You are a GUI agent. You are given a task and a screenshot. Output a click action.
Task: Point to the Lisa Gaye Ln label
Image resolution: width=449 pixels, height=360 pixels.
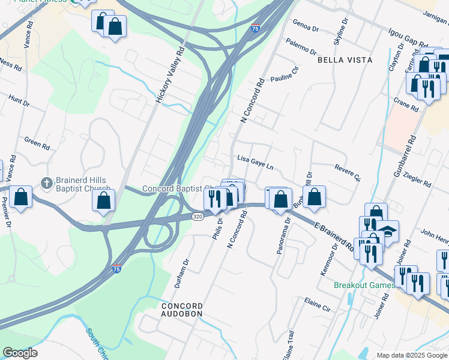click(x=255, y=163)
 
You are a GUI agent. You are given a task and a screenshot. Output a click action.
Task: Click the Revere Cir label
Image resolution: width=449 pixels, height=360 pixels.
click(x=348, y=173)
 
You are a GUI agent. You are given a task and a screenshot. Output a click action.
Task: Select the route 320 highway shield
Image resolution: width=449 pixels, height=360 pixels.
click(x=197, y=216)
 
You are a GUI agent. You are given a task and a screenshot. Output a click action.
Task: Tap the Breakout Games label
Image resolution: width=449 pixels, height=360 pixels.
click(x=364, y=285)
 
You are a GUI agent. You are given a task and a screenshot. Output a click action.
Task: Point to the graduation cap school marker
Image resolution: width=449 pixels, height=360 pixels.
click(x=388, y=231)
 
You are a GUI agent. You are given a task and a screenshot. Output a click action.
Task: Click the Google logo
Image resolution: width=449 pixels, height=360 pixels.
click(x=20, y=353)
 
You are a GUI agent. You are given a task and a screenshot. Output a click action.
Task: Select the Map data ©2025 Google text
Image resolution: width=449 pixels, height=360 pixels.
click(x=412, y=355)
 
